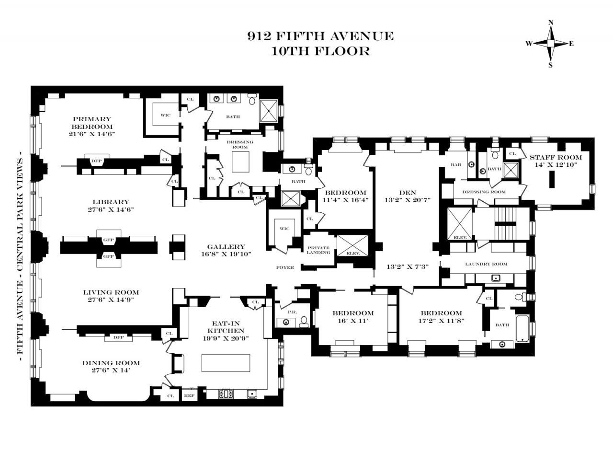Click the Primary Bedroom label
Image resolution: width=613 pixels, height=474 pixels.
coord(92,123)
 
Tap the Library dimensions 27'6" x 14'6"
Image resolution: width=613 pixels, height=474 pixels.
coord(110,209)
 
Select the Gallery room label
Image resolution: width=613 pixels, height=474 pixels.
coord(226,246)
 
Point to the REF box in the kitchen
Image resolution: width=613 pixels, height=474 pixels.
coord(189,395)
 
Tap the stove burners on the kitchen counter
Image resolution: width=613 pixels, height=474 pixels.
coord(226,393)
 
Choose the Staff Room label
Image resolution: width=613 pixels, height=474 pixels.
coord(556,158)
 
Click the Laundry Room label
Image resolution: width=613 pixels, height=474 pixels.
coord(486,264)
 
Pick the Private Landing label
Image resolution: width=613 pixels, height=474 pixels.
coord(318,250)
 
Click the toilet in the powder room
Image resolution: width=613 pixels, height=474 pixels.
coord(304,322)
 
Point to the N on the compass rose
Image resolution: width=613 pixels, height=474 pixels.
coord(550,23)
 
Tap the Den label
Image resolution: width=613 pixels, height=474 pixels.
coord(408,193)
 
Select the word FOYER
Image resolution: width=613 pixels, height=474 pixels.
coord(285,267)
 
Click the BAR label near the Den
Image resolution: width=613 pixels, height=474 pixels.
coord(456,164)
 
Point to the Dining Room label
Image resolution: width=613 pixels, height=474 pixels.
coord(111,363)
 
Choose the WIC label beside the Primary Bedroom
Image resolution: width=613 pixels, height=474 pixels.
coord(165,115)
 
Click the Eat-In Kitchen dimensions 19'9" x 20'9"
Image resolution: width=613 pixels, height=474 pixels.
coord(226,338)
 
